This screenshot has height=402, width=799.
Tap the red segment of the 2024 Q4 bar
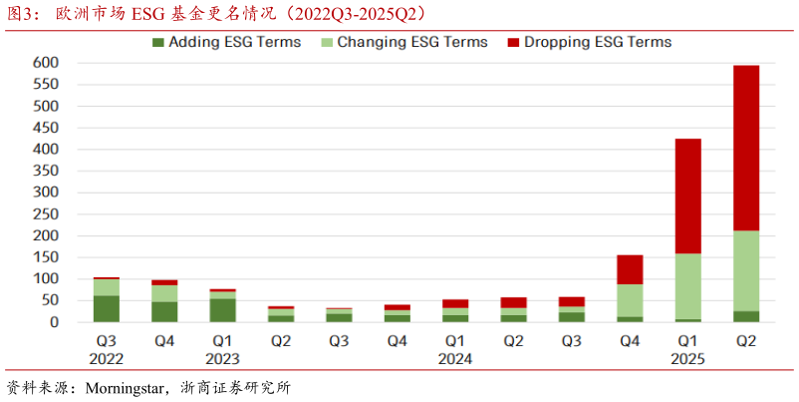[x=630, y=269]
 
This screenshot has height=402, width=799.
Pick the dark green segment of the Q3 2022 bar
[x=107, y=308]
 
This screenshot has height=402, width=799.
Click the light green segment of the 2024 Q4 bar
[x=630, y=300]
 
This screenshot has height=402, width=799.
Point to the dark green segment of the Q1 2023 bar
[x=222, y=310]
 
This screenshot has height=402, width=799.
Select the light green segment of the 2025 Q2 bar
[x=746, y=270]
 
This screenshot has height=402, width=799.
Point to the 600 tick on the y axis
[x=47, y=62]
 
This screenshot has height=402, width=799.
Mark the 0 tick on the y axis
[x=54, y=322]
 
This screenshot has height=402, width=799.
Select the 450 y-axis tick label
[x=47, y=127]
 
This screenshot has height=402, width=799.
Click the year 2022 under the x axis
[x=107, y=358]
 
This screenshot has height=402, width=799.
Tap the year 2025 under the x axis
[x=688, y=358]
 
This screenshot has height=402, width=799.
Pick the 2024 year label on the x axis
[x=455, y=358]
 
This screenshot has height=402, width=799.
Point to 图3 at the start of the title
[x=21, y=13]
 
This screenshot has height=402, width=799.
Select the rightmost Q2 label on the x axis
[x=746, y=341]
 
